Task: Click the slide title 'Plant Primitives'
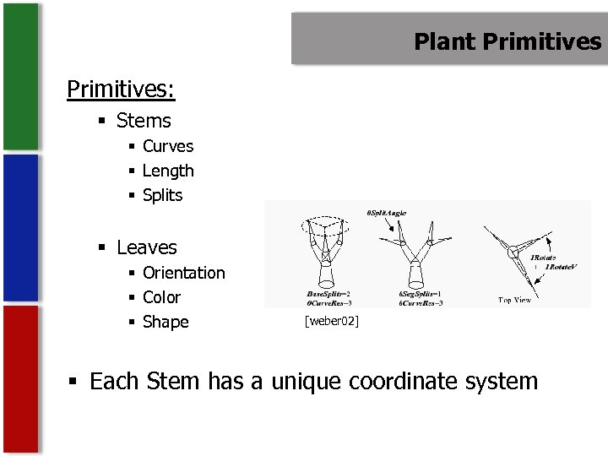(x=508, y=41)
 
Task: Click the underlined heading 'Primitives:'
(x=121, y=89)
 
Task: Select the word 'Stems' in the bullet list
(x=144, y=121)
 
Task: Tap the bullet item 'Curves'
(x=168, y=146)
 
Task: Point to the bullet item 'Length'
(x=168, y=171)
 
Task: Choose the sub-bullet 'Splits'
(x=162, y=195)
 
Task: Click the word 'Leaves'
(x=147, y=247)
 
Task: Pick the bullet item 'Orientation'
(x=184, y=273)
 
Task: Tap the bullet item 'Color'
(x=161, y=297)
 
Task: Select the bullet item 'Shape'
(x=166, y=322)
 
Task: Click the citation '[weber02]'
(x=332, y=321)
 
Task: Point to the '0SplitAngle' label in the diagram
(x=387, y=212)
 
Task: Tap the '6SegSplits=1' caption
(x=421, y=293)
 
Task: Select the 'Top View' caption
(x=515, y=300)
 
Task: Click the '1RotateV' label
(x=561, y=267)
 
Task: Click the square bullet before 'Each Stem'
(x=77, y=383)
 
